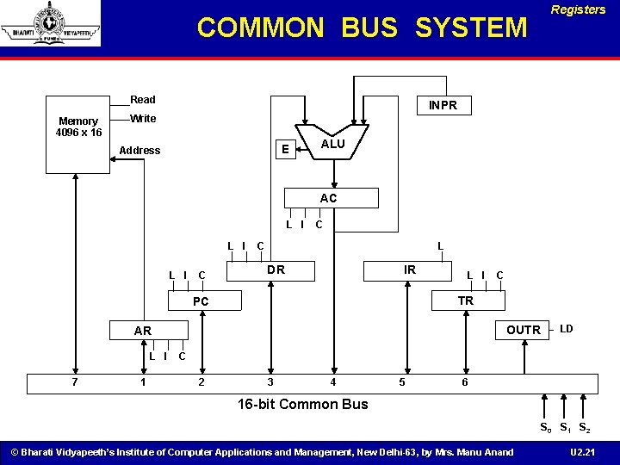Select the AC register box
click(x=328, y=198)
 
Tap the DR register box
click(x=276, y=270)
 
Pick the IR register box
click(x=410, y=270)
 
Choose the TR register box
click(x=465, y=301)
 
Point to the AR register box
click(x=143, y=331)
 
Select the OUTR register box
click(x=524, y=330)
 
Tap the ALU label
click(x=333, y=144)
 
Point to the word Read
click(x=143, y=100)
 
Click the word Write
click(x=143, y=118)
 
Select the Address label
click(x=139, y=151)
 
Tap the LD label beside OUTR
click(x=566, y=329)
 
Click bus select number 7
click(x=76, y=382)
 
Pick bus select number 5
click(x=400, y=382)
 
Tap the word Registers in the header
click(x=578, y=10)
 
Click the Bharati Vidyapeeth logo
click(x=50, y=23)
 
